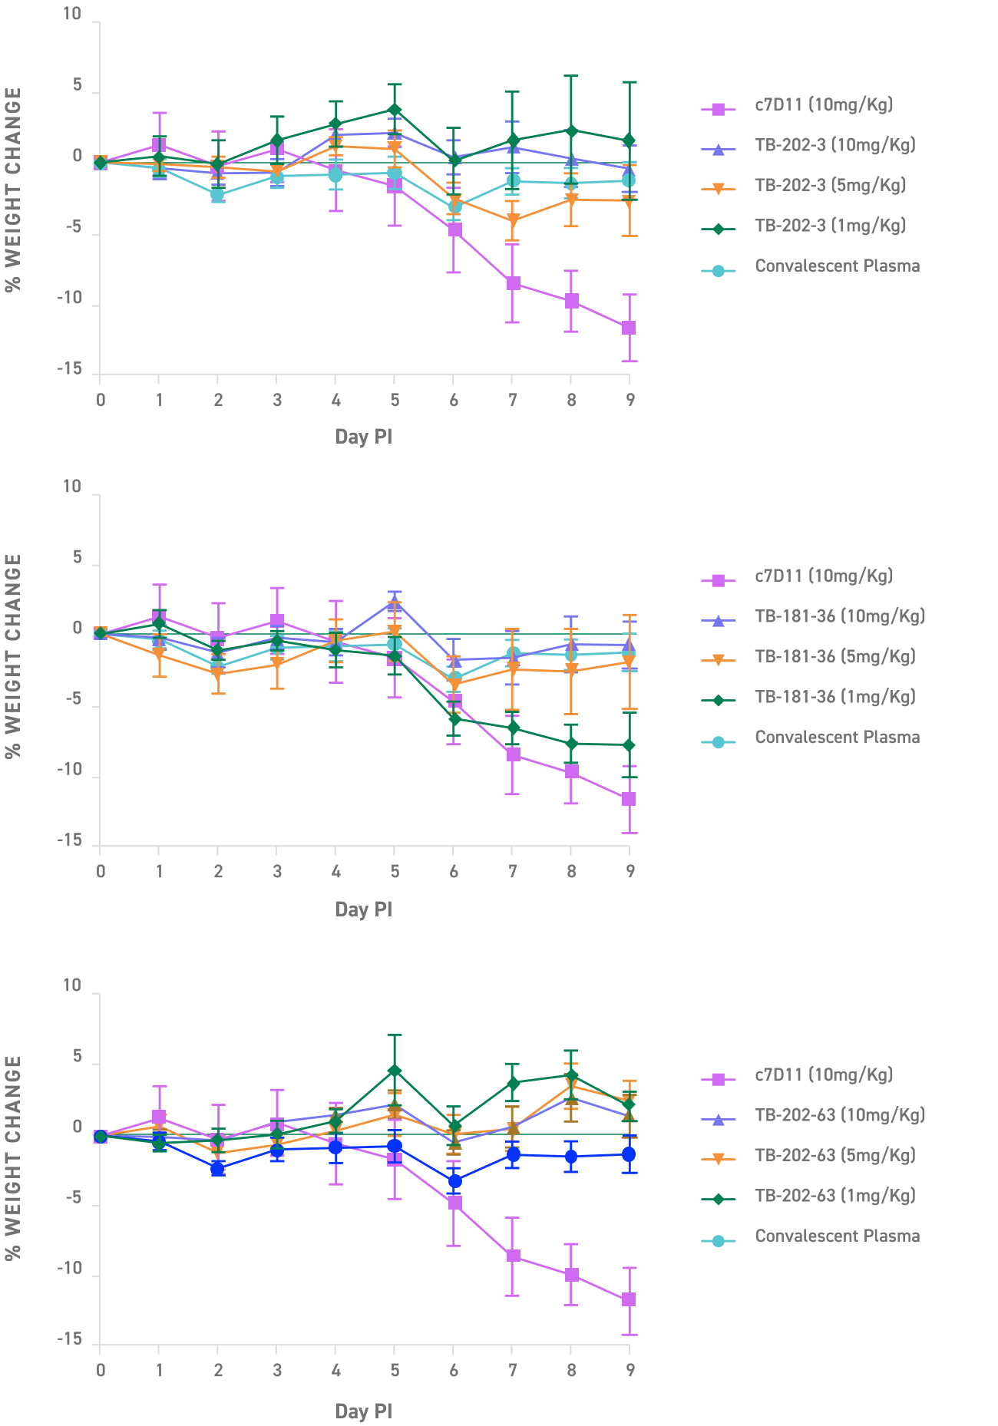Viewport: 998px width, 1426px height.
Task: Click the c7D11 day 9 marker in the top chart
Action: click(x=629, y=328)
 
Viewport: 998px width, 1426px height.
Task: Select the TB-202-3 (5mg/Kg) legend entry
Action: click(x=830, y=186)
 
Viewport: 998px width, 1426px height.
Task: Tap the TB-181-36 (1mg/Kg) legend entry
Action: click(x=834, y=698)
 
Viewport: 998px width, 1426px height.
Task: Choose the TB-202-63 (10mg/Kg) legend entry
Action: click(x=839, y=1115)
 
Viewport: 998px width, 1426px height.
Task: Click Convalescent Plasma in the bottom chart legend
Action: click(x=837, y=1236)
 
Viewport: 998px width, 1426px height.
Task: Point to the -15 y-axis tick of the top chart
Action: click(x=70, y=369)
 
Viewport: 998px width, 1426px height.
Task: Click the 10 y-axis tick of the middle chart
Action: click(x=71, y=487)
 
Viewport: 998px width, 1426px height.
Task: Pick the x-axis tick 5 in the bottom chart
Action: click(x=395, y=1371)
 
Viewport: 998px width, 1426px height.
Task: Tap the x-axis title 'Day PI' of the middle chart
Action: click(x=363, y=909)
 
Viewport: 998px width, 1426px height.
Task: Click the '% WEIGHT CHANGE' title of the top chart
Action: click(x=13, y=190)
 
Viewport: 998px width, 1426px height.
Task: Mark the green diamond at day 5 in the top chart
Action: click(x=395, y=111)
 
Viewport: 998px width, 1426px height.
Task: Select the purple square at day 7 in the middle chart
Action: click(x=513, y=755)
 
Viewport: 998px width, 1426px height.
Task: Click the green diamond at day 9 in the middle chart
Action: click(x=629, y=746)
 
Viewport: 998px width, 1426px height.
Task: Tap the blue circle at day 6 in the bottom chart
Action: click(x=454, y=1181)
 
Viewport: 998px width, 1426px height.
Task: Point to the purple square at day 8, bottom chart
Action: click(x=571, y=1275)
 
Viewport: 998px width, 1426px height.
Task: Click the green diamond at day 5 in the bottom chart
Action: click(x=395, y=1071)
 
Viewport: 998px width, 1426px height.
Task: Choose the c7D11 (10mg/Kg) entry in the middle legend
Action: click(x=824, y=576)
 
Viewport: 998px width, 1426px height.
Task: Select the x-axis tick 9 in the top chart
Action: click(x=630, y=400)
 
